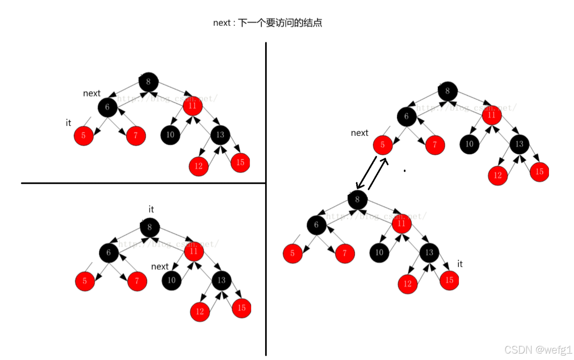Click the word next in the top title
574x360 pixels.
coord(221,23)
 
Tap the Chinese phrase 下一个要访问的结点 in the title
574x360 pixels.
coord(280,23)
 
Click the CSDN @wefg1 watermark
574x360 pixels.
coord(538,350)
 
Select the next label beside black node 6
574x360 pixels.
coord(92,93)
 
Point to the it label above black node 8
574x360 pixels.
coord(151,209)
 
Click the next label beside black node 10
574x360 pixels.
coord(160,266)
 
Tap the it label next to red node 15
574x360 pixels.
coord(460,264)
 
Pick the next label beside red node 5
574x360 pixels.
coord(359,133)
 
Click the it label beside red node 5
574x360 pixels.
coord(68,123)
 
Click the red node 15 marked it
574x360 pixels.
coord(449,280)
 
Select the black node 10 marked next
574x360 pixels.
coord(172,280)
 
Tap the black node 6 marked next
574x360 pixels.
coord(107,107)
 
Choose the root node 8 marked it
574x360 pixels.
coord(150,227)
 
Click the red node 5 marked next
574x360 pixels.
coord(383,145)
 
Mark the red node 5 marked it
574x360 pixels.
coord(84,136)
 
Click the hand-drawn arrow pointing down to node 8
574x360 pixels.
coord(366,172)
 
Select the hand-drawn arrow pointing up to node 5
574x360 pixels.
coord(378,174)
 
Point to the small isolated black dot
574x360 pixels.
coord(404,171)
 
